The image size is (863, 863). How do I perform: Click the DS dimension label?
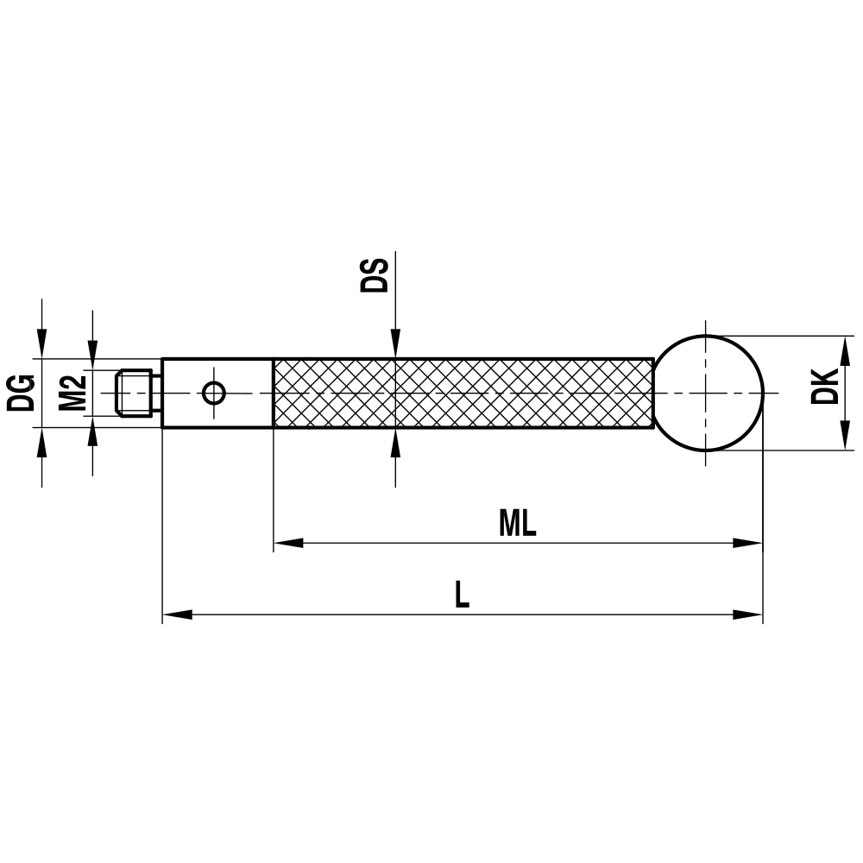pos(375,274)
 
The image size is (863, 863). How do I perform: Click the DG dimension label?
pos(22,393)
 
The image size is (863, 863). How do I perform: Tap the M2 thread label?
pos(73,393)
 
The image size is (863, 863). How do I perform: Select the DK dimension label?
pos(826,387)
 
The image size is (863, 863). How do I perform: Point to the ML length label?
pos(517,524)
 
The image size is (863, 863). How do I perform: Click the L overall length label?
pos(463,595)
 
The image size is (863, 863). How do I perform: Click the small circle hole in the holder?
pos(214,394)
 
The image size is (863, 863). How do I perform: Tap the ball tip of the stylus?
pos(708,393)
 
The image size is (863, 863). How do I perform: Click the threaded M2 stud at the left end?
pos(135,394)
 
